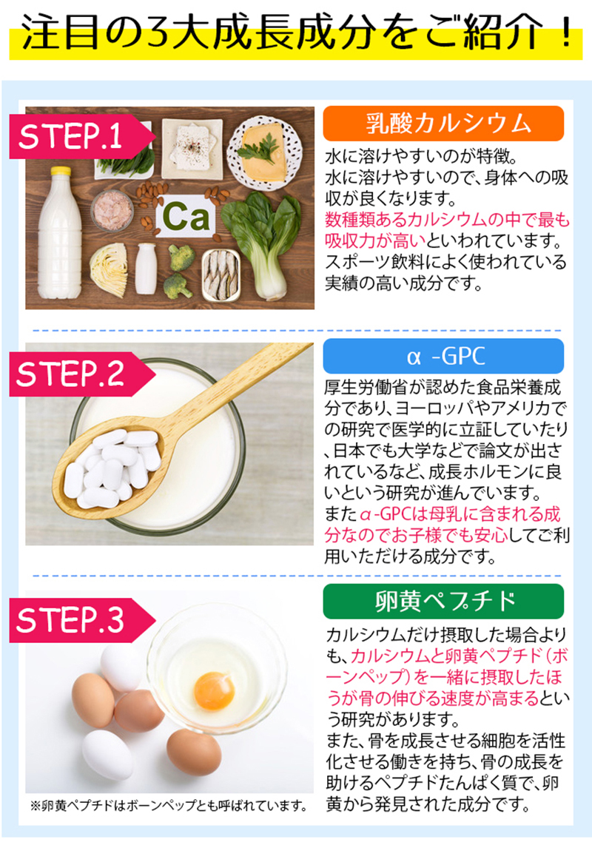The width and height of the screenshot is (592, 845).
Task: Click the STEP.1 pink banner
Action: (x=81, y=136)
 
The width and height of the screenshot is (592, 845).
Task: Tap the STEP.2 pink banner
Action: (x=81, y=374)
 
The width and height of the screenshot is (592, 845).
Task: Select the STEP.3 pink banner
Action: (x=81, y=620)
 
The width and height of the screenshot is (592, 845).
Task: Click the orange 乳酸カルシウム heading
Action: (x=443, y=124)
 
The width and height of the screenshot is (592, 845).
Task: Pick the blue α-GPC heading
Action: (x=443, y=356)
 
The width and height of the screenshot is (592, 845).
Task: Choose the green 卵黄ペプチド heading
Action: (x=443, y=602)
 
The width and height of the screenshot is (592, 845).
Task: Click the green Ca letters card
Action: (x=185, y=217)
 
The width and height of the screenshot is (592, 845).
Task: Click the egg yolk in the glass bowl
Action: (x=214, y=690)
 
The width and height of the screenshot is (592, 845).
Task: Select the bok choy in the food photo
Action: (x=263, y=244)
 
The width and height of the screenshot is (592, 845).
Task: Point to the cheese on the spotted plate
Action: (x=263, y=153)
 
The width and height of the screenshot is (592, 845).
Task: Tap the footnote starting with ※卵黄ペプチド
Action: (x=169, y=806)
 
